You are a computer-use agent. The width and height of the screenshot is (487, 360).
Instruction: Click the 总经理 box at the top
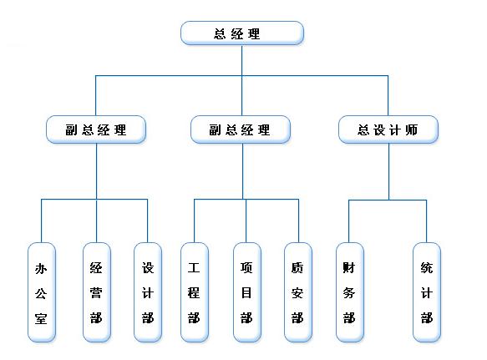242,33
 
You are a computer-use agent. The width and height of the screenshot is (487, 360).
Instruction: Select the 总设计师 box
388,129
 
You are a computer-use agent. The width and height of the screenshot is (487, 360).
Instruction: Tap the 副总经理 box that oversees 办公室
96,129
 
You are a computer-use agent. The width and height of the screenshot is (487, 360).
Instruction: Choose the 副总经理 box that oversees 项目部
241,129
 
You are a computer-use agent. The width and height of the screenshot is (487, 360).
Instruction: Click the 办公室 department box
42,292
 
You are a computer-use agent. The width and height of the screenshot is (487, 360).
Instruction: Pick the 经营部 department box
97,292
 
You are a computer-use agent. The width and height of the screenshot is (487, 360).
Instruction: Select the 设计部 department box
148,292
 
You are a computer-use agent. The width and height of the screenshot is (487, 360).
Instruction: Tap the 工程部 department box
195,292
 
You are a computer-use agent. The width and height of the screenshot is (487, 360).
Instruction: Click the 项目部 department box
247,292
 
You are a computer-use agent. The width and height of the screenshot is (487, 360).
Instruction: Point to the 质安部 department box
298,292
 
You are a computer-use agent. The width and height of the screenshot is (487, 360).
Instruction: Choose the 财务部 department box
350,292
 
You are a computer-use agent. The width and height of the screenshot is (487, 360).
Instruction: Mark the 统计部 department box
427,292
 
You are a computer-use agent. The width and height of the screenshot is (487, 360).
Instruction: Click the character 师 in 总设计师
412,129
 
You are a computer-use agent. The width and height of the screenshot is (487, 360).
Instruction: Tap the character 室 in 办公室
41,319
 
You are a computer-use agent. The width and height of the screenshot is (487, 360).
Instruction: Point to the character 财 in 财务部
349,268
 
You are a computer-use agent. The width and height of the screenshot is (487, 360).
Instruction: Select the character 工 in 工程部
194,268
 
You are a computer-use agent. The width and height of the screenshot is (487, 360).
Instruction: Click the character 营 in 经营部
96,292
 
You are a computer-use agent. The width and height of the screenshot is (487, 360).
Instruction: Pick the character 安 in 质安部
297,293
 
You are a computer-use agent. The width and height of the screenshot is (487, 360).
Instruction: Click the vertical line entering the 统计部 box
426,221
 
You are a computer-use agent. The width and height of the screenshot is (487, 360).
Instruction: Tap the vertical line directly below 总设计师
389,171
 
